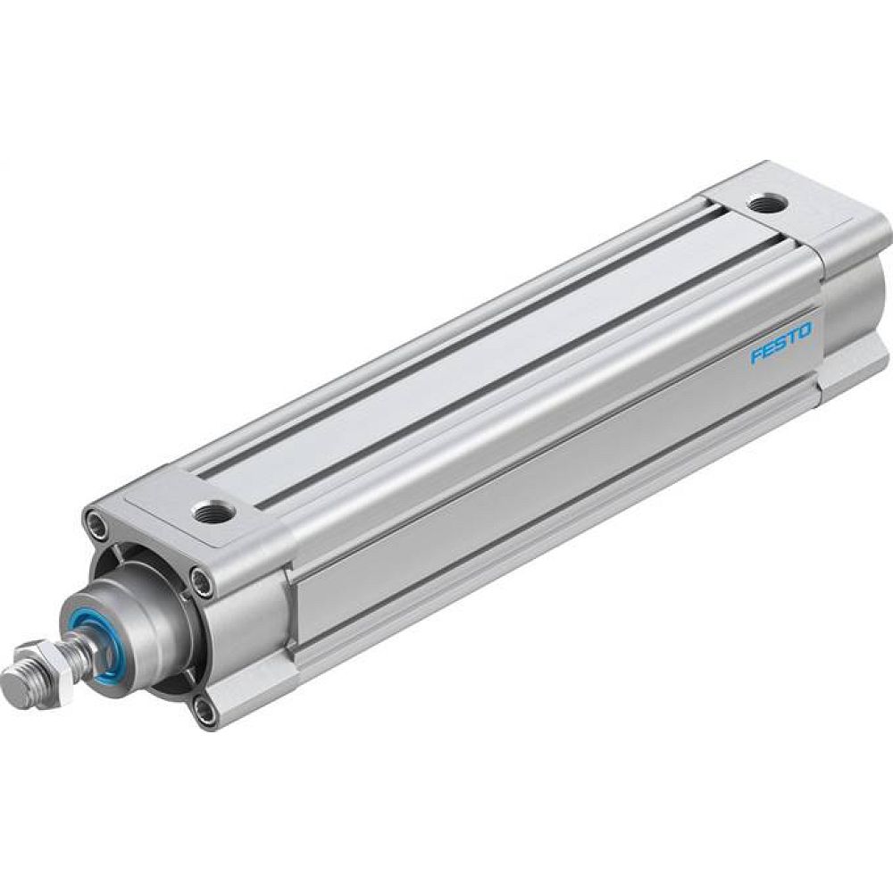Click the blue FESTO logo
(x=781, y=344)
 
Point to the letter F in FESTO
(x=755, y=357)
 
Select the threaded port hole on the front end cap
(x=213, y=512)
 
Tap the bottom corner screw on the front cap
(x=205, y=712)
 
